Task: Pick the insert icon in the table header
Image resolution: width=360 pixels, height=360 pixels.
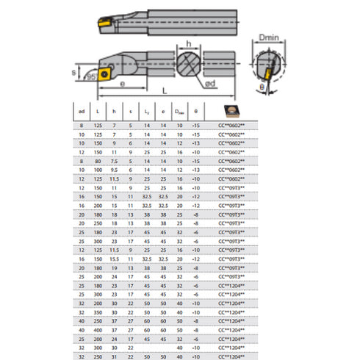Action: pos(233,109)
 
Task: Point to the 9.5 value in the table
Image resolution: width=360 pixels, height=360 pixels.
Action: pos(114,168)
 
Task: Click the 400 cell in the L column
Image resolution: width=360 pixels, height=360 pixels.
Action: pos(97,330)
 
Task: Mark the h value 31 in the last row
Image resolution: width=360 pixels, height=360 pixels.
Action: pos(114,356)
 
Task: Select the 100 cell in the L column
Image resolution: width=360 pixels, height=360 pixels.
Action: pos(97,168)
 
